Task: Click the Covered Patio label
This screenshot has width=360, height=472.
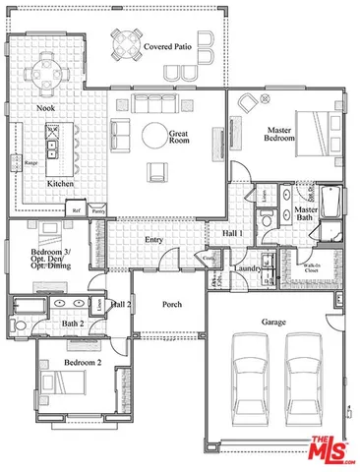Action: click(x=166, y=46)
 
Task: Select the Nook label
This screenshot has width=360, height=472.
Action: click(x=44, y=107)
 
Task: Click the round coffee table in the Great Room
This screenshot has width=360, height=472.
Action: click(x=155, y=134)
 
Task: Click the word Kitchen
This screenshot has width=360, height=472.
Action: click(x=61, y=184)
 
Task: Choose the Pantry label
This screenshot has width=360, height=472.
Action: click(x=97, y=209)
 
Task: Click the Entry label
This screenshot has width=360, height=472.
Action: click(x=153, y=239)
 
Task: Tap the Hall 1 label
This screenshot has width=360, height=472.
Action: click(x=232, y=232)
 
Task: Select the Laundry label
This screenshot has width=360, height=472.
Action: click(x=247, y=267)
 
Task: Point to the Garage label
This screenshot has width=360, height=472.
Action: click(x=272, y=322)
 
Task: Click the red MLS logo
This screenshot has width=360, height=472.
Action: click(x=331, y=448)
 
